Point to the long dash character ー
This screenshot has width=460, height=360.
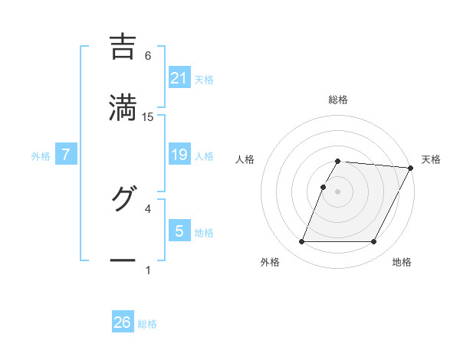click(123, 260)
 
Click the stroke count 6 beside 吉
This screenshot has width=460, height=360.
click(148, 55)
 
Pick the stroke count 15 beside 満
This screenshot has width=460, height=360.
click(148, 116)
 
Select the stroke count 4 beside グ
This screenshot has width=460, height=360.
click(148, 208)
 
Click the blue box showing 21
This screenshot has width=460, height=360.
click(179, 78)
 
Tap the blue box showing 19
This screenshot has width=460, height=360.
click(179, 155)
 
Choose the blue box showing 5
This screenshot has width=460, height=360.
click(179, 231)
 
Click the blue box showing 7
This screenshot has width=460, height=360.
click(66, 155)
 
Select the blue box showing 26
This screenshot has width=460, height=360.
click(123, 322)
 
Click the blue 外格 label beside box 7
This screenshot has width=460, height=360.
click(41, 156)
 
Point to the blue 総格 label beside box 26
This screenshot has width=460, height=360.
click(147, 324)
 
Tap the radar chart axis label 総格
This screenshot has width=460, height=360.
click(337, 100)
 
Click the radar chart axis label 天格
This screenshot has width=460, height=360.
click(431, 159)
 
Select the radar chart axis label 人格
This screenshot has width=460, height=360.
click(245, 159)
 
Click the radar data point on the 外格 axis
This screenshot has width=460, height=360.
click(301, 242)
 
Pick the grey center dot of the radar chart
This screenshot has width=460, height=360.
click(337, 191)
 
